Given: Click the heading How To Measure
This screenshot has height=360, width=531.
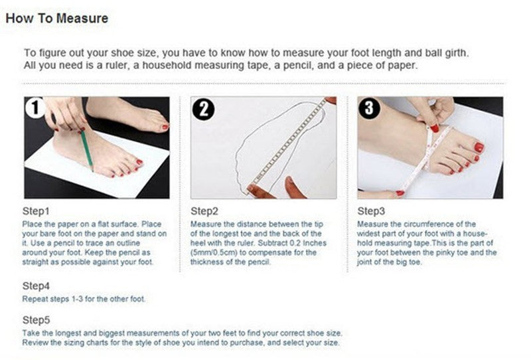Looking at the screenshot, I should tap(56, 19).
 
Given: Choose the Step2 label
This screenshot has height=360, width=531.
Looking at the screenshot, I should tap(204, 211).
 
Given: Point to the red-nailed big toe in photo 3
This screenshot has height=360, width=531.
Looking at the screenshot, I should tap(477, 147).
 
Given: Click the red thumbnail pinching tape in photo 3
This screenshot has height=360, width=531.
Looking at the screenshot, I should tap(434, 128).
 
